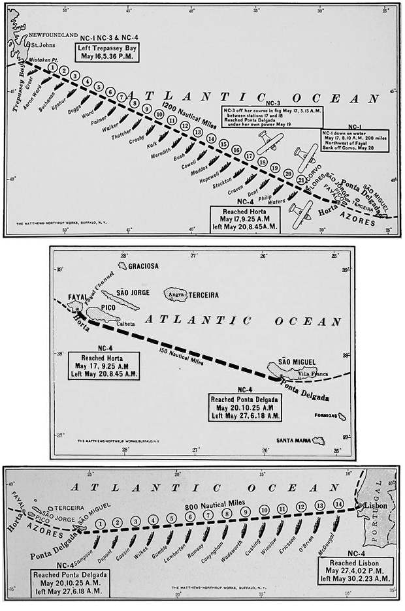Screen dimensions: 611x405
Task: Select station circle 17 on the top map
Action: click(249, 156)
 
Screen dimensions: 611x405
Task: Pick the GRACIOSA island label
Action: click(144, 266)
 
